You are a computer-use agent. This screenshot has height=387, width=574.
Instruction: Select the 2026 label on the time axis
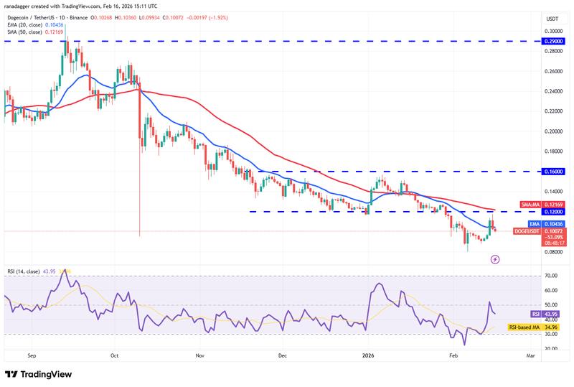(368, 355)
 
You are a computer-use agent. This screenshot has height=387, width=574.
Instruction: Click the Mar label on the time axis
(530, 355)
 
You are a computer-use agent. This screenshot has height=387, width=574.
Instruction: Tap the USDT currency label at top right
(552, 19)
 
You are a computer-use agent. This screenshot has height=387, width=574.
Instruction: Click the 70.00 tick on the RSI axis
(551, 276)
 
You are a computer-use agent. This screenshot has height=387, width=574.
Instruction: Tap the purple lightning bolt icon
(494, 260)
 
